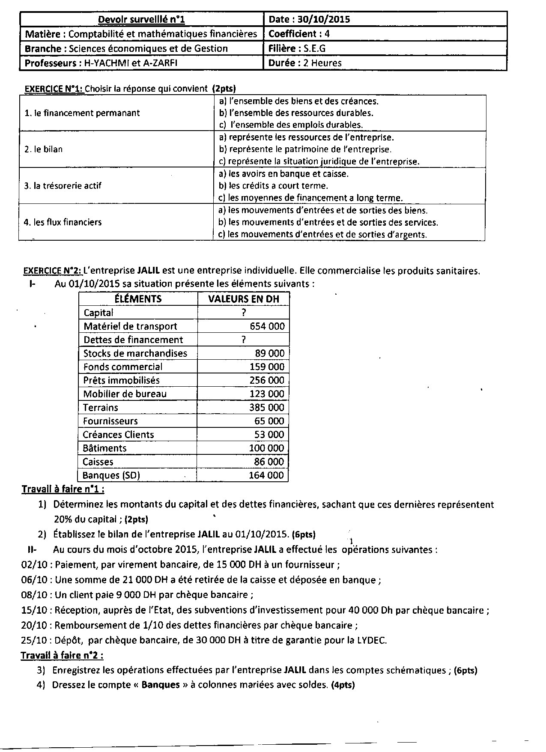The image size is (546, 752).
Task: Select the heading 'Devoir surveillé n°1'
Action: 141,19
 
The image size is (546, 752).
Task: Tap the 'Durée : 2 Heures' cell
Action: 305,63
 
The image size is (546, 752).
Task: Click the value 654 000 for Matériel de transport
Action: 267,326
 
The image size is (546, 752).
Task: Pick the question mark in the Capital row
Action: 243,313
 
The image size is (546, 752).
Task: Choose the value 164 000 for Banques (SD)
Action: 266,475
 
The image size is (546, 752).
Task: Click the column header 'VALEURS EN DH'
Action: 243,299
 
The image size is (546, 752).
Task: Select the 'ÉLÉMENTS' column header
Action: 138,299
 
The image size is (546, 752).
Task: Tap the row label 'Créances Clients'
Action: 118,435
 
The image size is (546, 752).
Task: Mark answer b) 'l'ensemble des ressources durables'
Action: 296,113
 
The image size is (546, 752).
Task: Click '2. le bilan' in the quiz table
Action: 44,149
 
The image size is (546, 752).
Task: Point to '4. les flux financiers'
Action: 63,222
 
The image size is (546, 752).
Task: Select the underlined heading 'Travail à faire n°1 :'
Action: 63,489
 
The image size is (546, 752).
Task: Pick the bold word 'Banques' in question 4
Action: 161,685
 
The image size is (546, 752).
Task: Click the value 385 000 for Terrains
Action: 266,408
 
